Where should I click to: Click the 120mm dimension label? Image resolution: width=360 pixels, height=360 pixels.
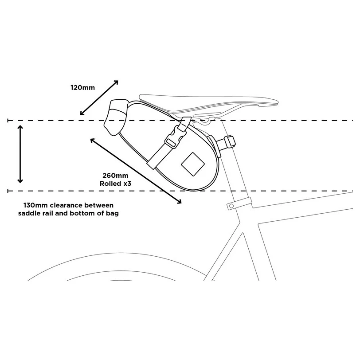[x=82, y=87]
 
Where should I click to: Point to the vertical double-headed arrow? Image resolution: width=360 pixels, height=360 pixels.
[x=20, y=154]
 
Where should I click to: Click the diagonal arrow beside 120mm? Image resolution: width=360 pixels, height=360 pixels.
[x=99, y=98]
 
